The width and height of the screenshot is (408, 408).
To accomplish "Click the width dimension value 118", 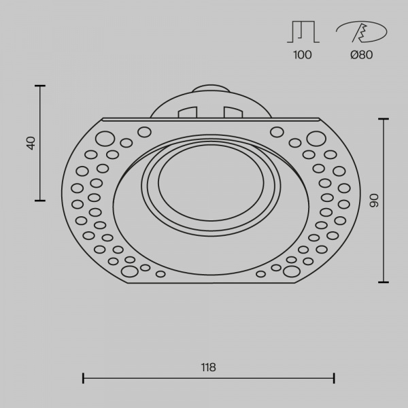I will coord(208,367).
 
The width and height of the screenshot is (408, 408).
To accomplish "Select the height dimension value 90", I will coord(373,200).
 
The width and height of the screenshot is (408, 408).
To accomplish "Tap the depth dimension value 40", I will coord(30,143).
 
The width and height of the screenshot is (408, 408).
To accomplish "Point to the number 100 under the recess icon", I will coord(303,55).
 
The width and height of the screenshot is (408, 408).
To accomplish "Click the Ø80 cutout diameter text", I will coord(362,55).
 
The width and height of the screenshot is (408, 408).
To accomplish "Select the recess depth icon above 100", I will coord(303,32).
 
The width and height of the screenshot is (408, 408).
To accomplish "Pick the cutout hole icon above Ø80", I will coord(361,32).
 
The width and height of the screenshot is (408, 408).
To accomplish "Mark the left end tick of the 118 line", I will coord(83,377).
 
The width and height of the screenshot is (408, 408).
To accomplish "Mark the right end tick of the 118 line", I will coord(334,377).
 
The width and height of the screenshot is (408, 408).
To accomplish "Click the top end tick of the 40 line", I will coord(39,86).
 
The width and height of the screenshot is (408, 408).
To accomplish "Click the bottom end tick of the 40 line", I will coord(39,200).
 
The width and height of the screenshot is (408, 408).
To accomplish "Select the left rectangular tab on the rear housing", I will coord(187,111).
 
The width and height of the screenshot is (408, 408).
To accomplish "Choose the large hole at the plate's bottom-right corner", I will coord(292,272).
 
